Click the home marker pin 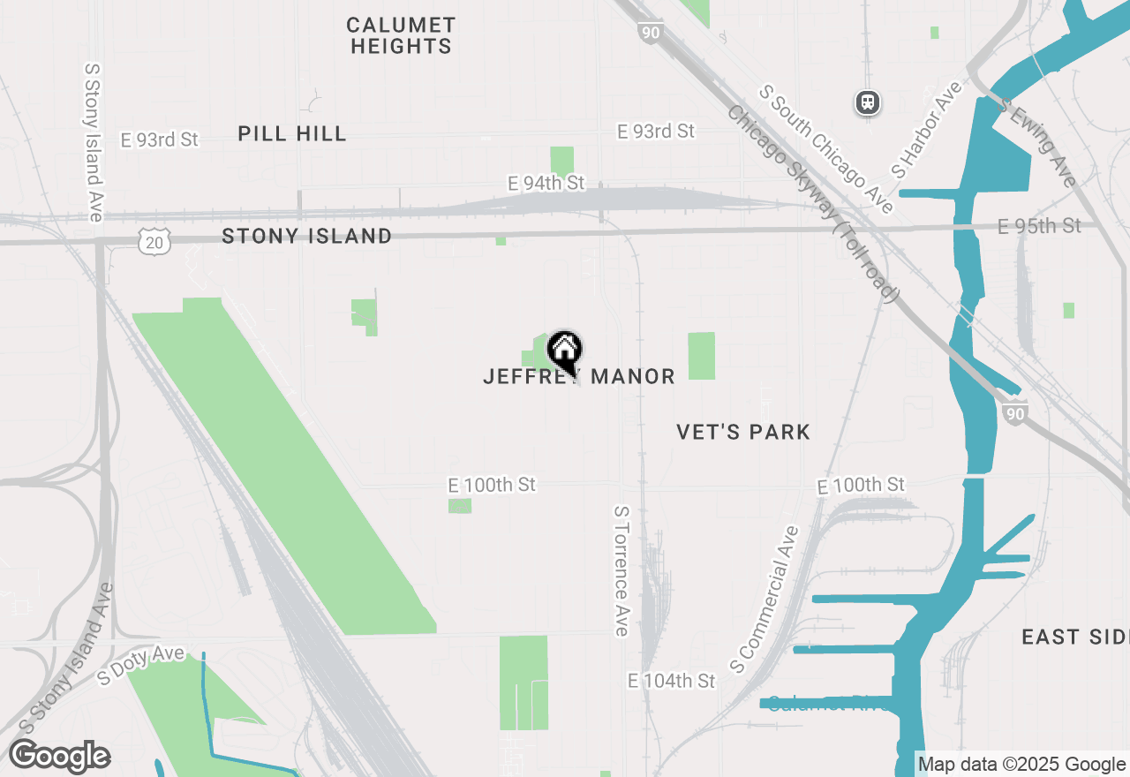[564, 351]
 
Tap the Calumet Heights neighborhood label [401, 35]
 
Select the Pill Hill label [291, 133]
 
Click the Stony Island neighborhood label [306, 236]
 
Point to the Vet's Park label [743, 432]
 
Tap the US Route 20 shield [154, 241]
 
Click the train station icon [868, 102]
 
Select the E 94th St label [546, 183]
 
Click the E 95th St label [1039, 226]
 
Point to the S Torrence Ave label [621, 570]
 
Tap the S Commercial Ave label [765, 597]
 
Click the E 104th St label [671, 681]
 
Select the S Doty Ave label [141, 664]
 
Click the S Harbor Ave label [926, 129]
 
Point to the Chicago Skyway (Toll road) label [813, 204]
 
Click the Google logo [60, 757]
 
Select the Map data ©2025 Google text [1021, 765]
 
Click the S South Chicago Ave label [826, 148]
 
